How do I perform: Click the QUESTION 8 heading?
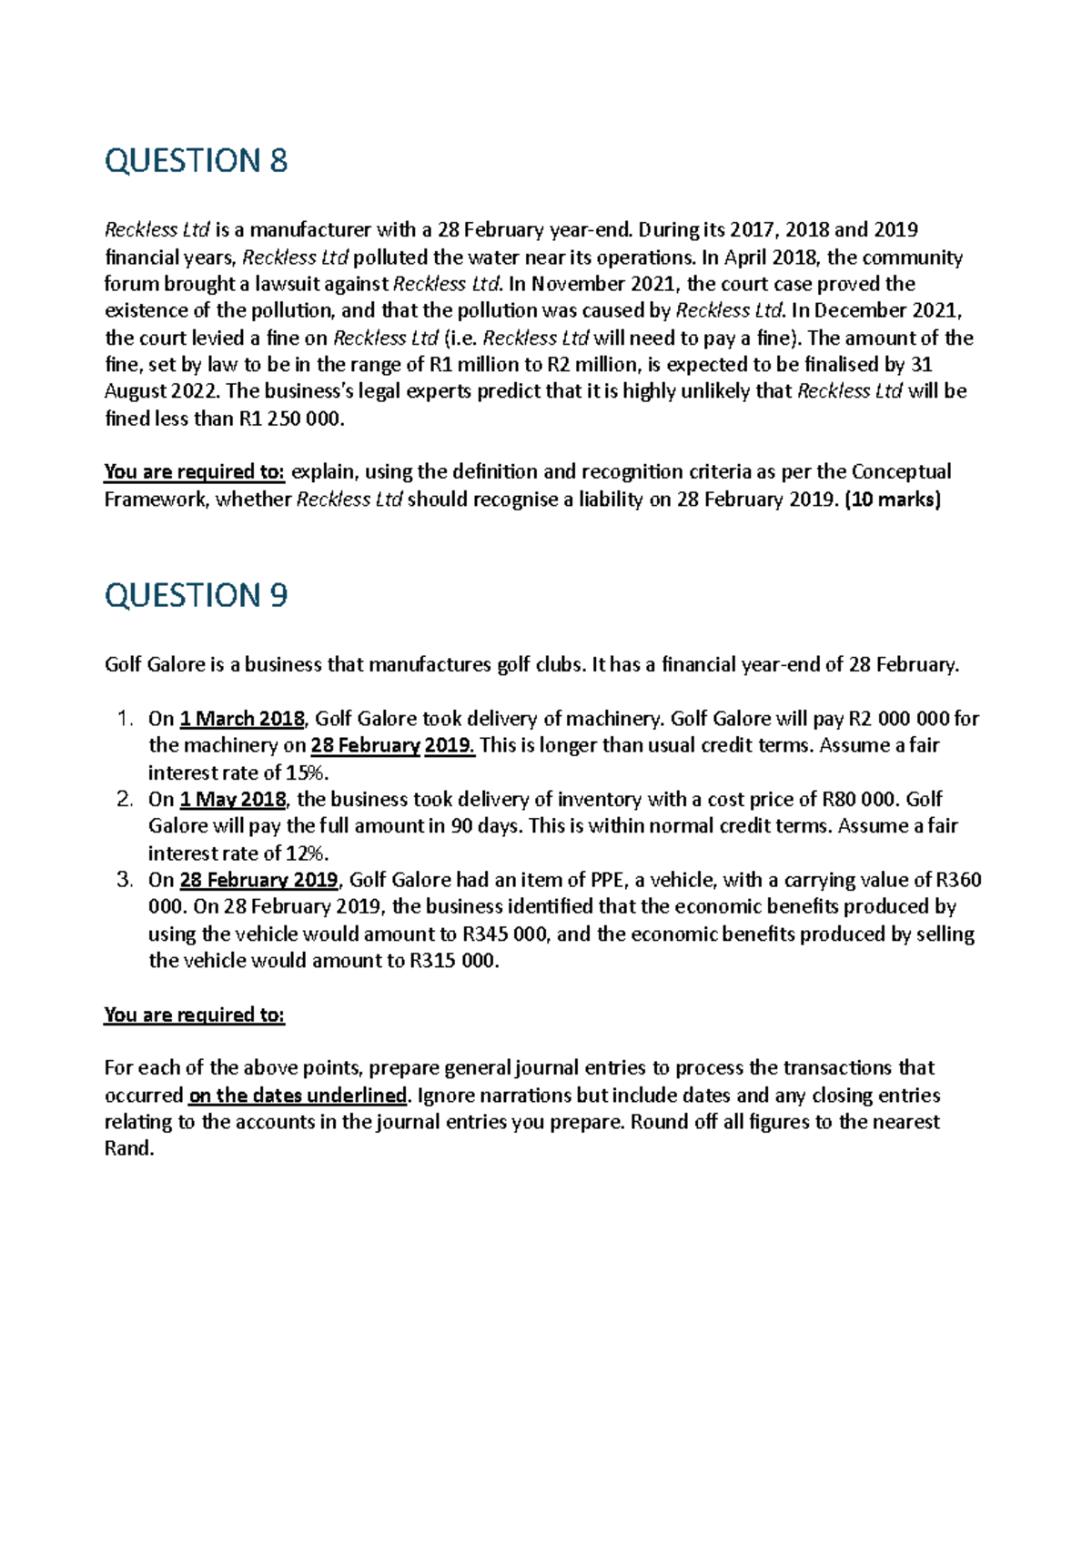click(196, 160)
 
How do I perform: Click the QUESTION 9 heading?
click(196, 595)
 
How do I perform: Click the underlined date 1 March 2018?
click(242, 719)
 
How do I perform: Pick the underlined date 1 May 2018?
click(233, 799)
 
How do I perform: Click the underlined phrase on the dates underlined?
click(298, 1095)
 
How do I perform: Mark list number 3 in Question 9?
click(126, 880)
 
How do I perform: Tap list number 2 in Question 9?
click(126, 799)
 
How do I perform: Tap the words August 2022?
click(161, 391)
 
